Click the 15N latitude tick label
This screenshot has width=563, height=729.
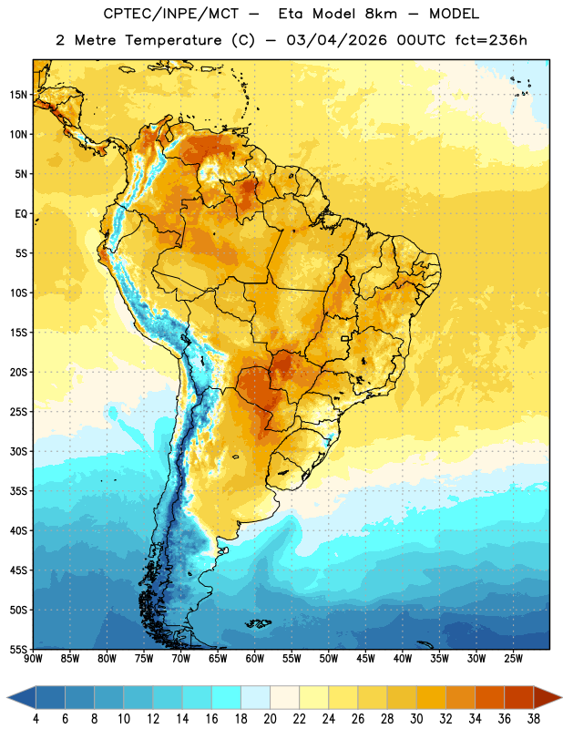(18, 95)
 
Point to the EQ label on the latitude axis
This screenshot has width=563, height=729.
(21, 214)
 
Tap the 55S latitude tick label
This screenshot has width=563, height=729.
(18, 649)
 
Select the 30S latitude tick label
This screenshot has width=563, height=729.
(18, 451)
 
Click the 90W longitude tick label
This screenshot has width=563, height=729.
(33, 659)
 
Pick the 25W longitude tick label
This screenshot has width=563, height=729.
(513, 659)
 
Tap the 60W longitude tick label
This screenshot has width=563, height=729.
(255, 659)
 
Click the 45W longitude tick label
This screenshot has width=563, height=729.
(366, 659)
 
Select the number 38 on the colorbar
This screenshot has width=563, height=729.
(534, 719)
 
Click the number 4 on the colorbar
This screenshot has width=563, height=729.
(36, 719)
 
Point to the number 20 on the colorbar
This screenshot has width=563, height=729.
(270, 719)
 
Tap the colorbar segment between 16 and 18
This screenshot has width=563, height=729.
(227, 698)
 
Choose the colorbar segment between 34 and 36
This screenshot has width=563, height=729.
(489, 698)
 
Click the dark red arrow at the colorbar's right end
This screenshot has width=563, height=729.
(547, 698)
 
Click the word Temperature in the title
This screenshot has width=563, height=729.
(173, 40)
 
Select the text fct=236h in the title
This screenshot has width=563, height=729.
(491, 40)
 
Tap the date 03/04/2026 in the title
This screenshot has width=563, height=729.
(336, 40)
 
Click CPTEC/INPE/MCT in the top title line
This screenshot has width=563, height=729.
(170, 14)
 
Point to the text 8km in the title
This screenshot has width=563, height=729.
(381, 14)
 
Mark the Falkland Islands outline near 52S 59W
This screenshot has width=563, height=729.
(259, 623)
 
